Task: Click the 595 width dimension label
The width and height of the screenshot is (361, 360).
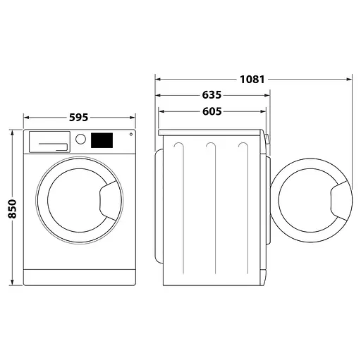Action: pos(80,118)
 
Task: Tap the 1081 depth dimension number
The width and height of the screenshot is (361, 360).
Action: pos(251,79)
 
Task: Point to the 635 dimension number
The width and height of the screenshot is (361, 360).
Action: pos(211,95)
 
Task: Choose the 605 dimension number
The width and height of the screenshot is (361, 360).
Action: pos(211,111)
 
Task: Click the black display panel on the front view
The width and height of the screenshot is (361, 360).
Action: pos(102,140)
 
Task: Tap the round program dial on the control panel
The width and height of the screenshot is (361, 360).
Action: pos(81,139)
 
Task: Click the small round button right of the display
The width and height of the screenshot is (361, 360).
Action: pos(130,136)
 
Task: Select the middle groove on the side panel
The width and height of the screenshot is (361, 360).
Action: pos(210,204)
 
